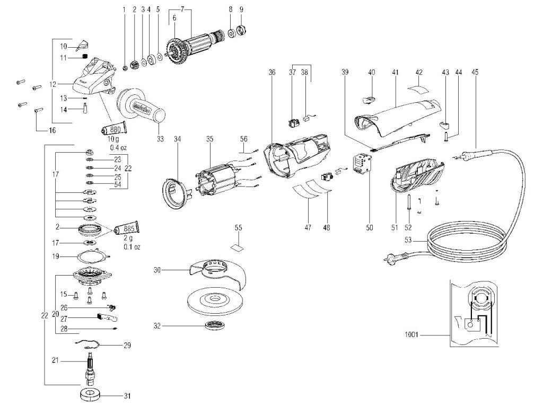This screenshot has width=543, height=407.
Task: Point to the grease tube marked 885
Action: point(126,229)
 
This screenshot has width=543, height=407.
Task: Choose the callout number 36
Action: point(272,71)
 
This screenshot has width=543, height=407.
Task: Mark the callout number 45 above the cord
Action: point(474,71)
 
